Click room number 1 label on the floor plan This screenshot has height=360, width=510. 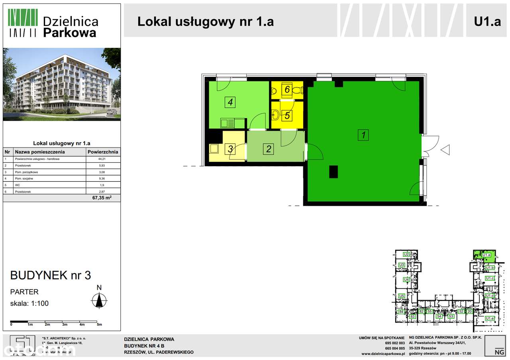363,135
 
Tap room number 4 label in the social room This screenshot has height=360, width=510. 230,102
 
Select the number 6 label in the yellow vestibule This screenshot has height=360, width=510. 287,89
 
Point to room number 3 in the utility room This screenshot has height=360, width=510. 230,149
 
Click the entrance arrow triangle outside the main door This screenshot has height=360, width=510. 445,150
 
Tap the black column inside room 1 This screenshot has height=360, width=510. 333,171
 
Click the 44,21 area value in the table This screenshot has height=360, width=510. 103,159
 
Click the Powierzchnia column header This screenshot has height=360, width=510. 103,152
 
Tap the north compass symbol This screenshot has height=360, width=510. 99,300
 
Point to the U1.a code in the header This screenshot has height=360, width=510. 487,21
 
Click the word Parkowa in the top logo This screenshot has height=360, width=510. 69,32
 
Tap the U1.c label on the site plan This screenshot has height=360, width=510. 490,278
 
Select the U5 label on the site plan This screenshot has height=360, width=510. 402,296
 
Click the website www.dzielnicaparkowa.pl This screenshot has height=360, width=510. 383,354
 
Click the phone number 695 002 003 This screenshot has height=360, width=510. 395,343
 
